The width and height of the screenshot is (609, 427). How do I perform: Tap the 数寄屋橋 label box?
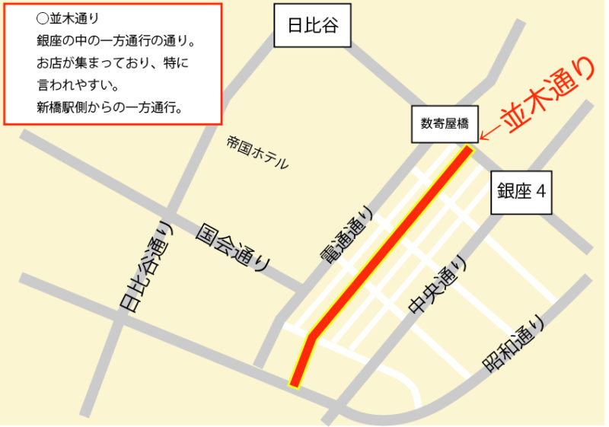tap(445, 123)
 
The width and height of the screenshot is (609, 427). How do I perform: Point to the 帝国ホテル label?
tap(257, 151)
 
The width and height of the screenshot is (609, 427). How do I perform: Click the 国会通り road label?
tap(233, 247)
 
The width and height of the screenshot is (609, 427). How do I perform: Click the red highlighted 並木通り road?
tap(388, 244)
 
